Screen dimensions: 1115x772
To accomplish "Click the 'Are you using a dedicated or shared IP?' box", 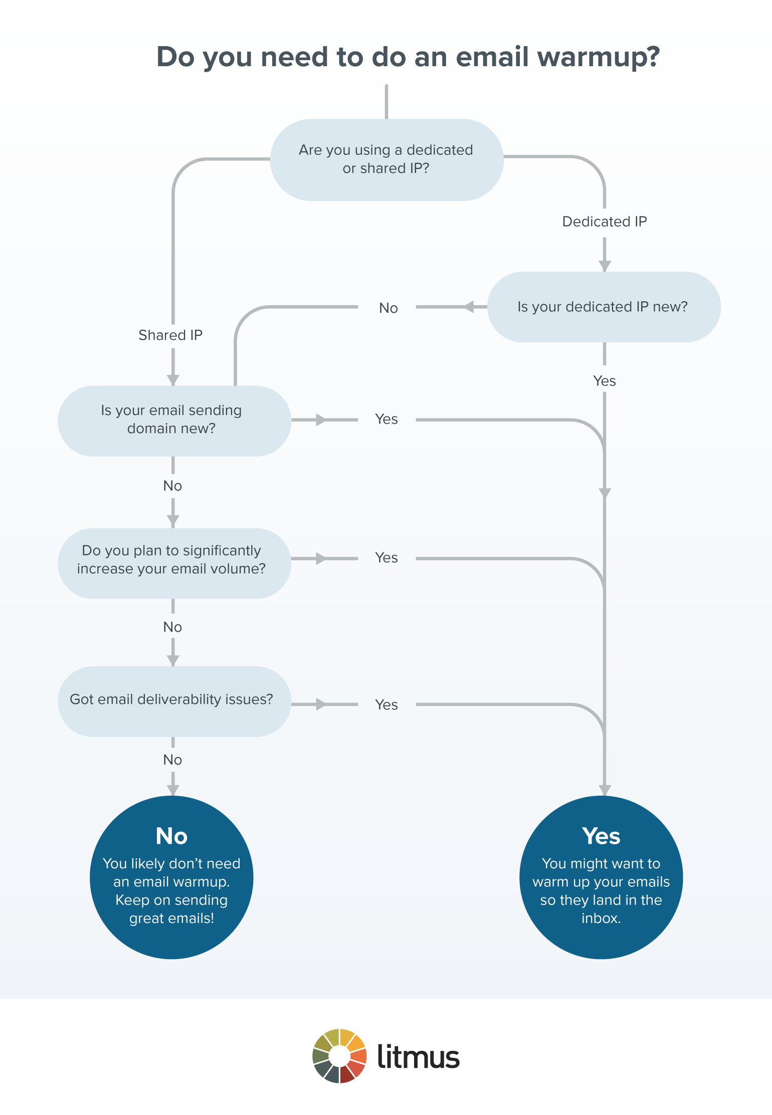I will [x=387, y=159].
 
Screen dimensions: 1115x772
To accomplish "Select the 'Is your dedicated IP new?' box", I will [x=604, y=307].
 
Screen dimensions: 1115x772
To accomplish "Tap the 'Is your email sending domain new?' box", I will [x=173, y=420].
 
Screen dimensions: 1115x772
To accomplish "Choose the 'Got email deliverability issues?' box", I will [x=173, y=700].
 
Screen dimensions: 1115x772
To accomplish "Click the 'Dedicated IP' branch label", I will [x=604, y=222].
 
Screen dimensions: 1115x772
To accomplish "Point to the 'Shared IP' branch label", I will [x=170, y=335].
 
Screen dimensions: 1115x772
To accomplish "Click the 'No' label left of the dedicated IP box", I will [x=388, y=308].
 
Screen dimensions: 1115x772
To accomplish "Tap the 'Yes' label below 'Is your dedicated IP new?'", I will [x=604, y=381].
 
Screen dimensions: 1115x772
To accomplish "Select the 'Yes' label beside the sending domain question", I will [x=387, y=419].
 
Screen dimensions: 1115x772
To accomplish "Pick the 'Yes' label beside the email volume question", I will [x=387, y=558].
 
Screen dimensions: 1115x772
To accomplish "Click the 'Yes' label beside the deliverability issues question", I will [x=387, y=705].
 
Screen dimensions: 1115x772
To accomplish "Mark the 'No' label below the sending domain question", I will [x=172, y=486].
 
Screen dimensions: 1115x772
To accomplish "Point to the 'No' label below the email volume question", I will [x=172, y=627].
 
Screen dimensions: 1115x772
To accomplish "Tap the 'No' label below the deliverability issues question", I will [x=172, y=760].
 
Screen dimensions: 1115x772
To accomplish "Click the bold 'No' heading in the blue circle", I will [x=171, y=836].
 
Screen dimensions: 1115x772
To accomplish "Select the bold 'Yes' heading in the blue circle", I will [x=601, y=836].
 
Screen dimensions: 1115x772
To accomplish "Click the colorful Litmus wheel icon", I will [x=339, y=1056].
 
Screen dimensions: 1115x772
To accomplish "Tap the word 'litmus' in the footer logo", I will [x=418, y=1056].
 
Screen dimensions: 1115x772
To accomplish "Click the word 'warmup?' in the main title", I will [x=599, y=57].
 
